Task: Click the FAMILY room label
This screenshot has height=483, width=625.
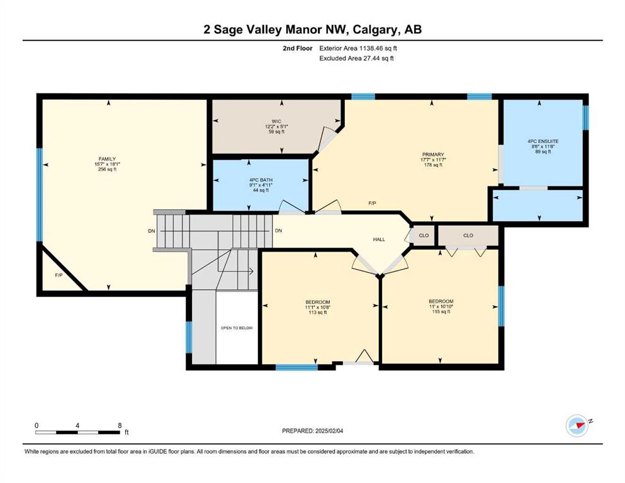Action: (x=107, y=159)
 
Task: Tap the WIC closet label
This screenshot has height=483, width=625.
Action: (x=276, y=121)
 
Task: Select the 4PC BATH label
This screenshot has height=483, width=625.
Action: (x=261, y=180)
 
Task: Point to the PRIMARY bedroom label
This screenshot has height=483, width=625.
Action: (x=433, y=155)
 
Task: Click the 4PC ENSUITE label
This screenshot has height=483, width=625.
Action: (x=543, y=142)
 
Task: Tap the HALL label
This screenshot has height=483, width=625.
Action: (x=379, y=240)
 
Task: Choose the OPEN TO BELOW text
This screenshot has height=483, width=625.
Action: (x=237, y=328)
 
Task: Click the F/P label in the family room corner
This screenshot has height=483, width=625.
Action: (x=59, y=275)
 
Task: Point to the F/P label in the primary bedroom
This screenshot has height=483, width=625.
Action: (x=372, y=204)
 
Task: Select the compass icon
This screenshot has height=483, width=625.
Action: (x=577, y=426)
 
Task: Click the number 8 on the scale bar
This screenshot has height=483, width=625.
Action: (x=120, y=425)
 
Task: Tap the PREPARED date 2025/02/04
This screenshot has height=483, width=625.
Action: (x=329, y=431)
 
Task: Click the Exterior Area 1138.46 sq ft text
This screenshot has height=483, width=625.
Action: (x=358, y=48)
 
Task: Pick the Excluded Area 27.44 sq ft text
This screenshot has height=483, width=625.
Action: (x=356, y=58)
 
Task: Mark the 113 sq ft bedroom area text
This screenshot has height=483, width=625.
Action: (x=318, y=313)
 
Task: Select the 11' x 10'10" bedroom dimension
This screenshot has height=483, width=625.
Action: (x=441, y=307)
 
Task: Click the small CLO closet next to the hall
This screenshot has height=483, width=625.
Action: (x=424, y=235)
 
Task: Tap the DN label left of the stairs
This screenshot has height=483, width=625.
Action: (x=152, y=231)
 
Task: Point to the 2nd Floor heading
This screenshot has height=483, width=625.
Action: (x=297, y=48)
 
